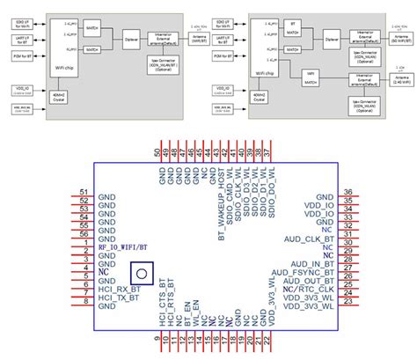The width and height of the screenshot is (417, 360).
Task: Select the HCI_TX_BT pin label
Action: click(119, 301)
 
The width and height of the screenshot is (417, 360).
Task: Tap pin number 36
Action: click(348, 193)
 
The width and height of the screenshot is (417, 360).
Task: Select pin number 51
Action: click(83, 193)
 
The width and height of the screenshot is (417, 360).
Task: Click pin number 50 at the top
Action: click(157, 152)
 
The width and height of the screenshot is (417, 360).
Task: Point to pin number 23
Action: click(348, 302)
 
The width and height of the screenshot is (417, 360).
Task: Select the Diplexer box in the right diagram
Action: click(332, 40)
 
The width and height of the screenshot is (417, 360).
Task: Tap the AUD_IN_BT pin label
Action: click(307, 261)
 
